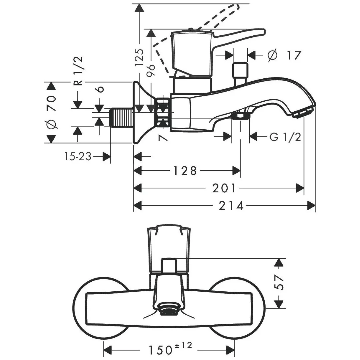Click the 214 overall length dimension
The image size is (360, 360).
231,206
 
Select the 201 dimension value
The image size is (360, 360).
224,189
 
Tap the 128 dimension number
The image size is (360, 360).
185,171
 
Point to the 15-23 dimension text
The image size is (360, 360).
78,156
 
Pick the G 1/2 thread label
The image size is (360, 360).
285,136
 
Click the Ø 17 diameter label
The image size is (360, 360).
284,55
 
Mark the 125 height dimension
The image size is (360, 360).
140,57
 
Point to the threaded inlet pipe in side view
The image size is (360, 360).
121,117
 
